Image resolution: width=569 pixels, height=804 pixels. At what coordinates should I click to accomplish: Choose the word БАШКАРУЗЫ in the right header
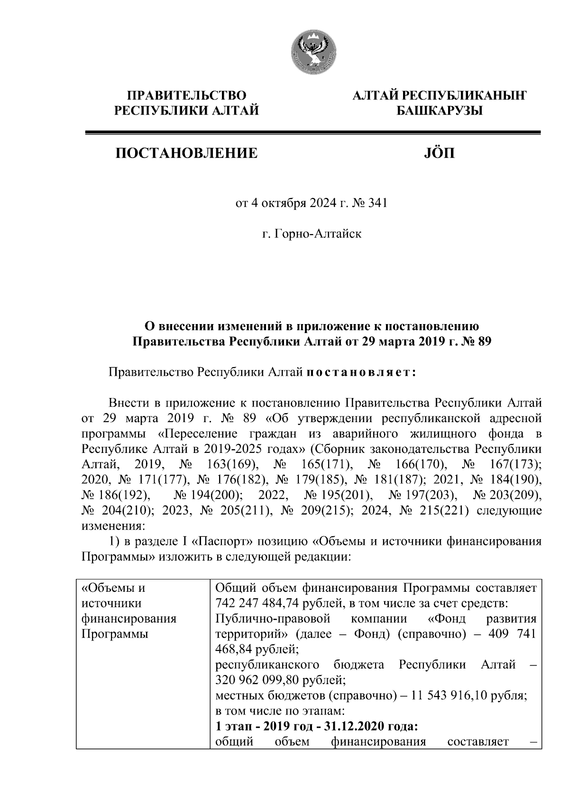pyautogui.click(x=439, y=111)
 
